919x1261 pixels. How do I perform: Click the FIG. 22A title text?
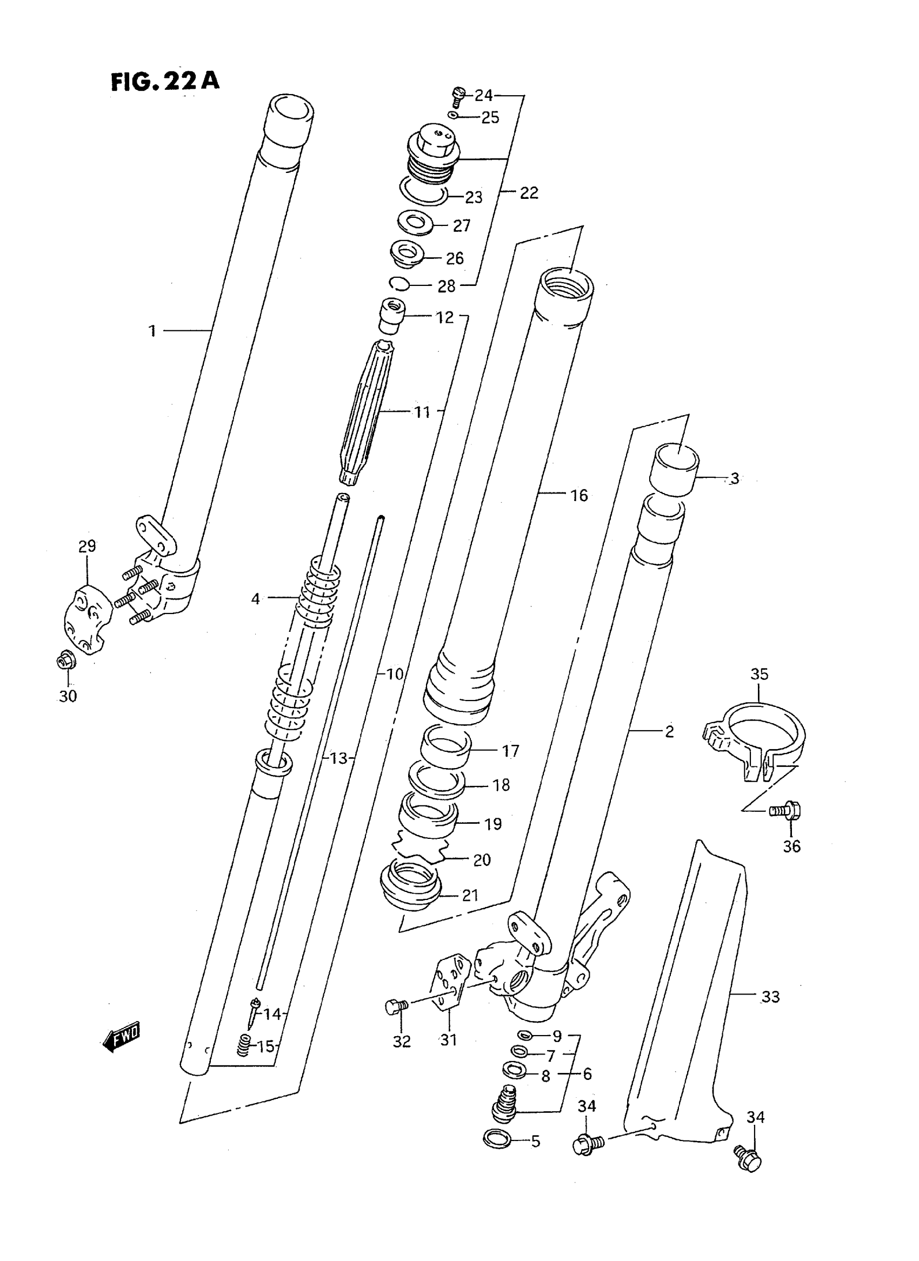[165, 82]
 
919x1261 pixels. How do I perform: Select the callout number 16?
[578, 495]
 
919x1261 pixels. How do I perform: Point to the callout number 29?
[87, 546]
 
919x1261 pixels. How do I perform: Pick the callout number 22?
[529, 192]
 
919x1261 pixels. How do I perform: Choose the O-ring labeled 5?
[497, 1139]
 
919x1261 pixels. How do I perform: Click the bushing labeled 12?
[391, 316]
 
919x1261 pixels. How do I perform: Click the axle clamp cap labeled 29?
[86, 618]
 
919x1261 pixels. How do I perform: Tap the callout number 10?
[394, 674]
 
